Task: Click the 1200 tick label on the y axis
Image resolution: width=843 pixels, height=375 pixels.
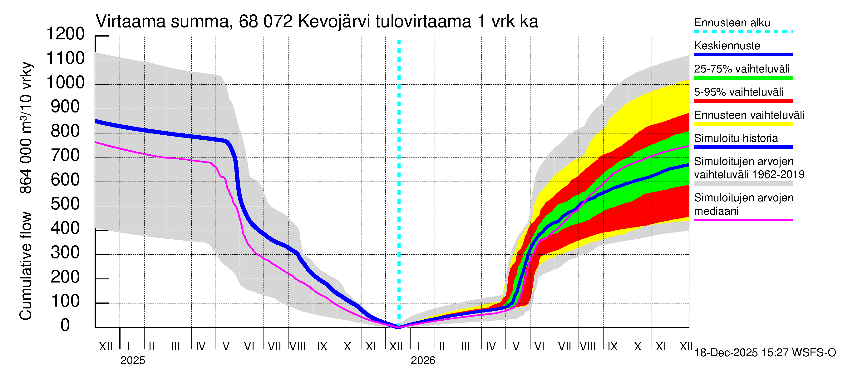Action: click(x=66, y=34)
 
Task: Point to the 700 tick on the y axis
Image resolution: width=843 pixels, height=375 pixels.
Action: click(x=66, y=156)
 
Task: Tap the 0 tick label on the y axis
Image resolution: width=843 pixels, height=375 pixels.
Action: click(x=66, y=326)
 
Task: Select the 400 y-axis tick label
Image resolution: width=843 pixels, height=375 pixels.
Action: click(x=66, y=228)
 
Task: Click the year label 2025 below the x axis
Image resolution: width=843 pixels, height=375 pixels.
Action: click(x=132, y=361)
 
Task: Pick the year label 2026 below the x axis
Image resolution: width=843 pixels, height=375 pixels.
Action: click(x=423, y=361)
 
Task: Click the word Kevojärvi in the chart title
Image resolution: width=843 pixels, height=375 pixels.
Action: click(x=334, y=22)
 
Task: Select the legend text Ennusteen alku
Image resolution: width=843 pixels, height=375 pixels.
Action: click(x=732, y=22)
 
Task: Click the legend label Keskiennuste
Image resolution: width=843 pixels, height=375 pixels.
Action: click(x=727, y=46)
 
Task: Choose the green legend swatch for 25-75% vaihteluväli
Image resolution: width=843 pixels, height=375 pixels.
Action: click(x=743, y=78)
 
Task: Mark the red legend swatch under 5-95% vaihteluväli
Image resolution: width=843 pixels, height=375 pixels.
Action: click(x=743, y=101)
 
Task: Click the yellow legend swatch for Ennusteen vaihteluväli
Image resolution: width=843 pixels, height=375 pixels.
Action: click(x=743, y=124)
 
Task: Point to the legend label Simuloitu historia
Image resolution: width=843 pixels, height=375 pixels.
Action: click(x=736, y=138)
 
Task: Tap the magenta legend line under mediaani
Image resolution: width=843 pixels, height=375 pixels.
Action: click(x=743, y=220)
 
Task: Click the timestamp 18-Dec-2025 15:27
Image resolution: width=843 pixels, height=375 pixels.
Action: click(x=741, y=353)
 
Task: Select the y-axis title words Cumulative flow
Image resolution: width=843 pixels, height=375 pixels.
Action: click(x=26, y=266)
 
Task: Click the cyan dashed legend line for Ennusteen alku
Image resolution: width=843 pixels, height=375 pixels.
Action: click(x=743, y=32)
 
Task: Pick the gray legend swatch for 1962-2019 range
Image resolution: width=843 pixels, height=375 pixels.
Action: click(x=743, y=184)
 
